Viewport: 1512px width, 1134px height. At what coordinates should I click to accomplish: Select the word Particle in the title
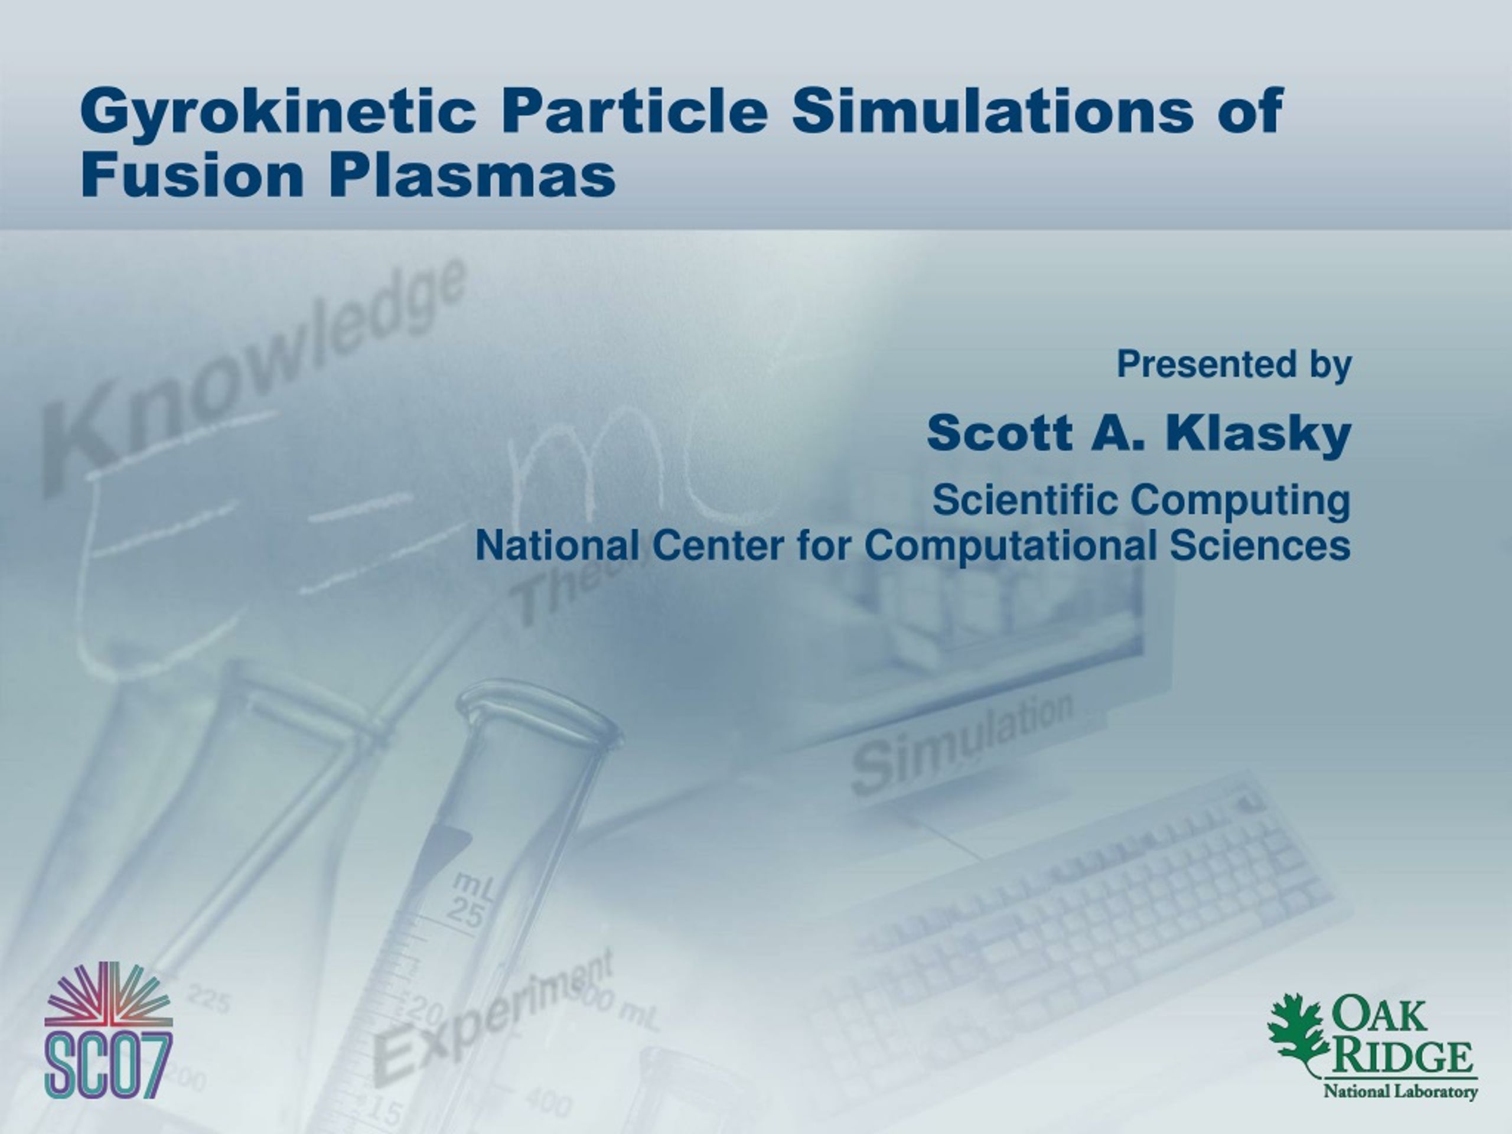[636, 109]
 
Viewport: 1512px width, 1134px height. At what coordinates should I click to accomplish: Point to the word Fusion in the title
[192, 174]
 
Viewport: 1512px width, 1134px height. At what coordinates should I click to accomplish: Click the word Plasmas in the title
[472, 174]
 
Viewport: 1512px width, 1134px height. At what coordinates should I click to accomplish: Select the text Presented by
[1234, 365]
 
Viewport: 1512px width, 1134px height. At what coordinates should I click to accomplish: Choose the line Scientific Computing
[1142, 501]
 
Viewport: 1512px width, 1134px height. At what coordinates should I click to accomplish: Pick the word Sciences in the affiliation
[1260, 546]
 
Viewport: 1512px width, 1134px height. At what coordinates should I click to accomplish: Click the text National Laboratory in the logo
[1400, 1091]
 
